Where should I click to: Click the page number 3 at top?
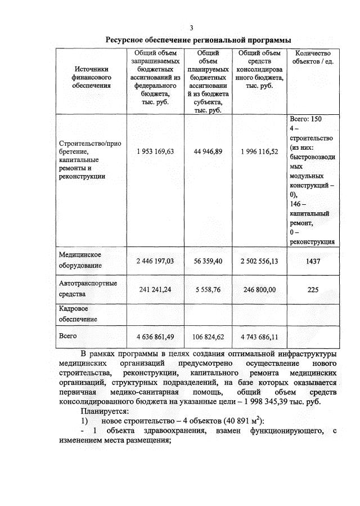pos(191,28)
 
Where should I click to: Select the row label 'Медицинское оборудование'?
pos(80,261)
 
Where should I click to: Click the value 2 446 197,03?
pos(155,261)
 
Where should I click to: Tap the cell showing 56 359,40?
pos(208,261)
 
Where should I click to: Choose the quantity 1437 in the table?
pos(313,261)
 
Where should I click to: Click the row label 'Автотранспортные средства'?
pos(88,288)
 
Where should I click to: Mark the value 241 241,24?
pos(155,289)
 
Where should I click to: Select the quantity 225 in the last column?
pos(313,289)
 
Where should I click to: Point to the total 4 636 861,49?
pos(155,337)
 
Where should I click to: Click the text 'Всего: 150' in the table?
pos(306,119)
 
